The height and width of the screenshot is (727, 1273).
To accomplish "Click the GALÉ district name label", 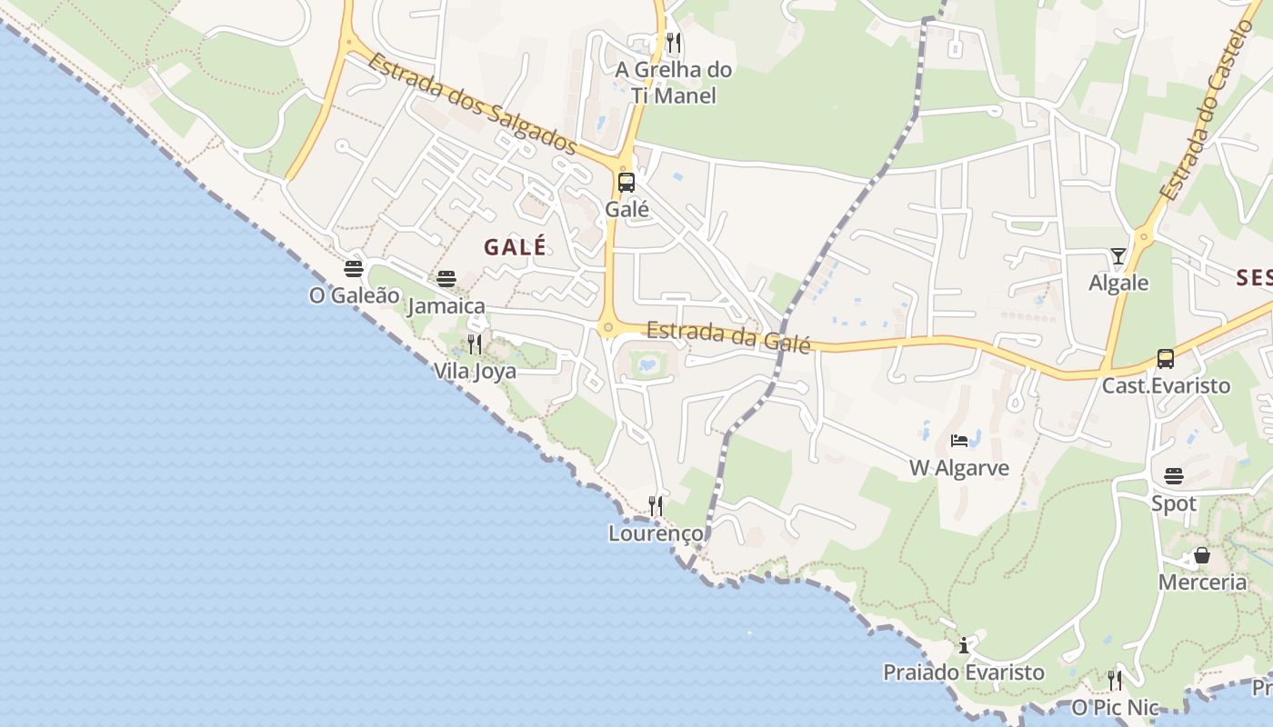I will tap(516, 247).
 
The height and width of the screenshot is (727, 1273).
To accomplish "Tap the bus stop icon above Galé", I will tap(626, 183).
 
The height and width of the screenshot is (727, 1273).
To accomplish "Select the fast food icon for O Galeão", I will tap(354, 269).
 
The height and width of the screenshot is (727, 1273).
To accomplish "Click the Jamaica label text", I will tap(446, 306).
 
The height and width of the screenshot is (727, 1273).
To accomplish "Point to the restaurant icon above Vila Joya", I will tap(475, 344).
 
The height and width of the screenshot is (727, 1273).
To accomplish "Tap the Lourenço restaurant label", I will tap(656, 533).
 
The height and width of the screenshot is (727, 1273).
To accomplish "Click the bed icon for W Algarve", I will tap(959, 441).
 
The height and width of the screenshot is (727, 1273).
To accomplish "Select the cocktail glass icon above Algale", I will tap(1118, 256).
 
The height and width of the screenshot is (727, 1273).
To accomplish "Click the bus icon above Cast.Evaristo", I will tap(1166, 358).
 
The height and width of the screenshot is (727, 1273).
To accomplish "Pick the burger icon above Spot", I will tap(1174, 475).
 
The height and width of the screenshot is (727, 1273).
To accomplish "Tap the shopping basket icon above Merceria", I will tap(1202, 554).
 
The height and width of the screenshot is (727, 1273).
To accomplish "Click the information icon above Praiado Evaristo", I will tap(964, 645).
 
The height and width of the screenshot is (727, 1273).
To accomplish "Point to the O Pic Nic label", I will tap(1116, 707).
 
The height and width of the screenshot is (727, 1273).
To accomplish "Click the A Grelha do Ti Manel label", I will tap(673, 83).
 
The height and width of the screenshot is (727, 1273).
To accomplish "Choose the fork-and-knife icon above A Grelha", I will tap(674, 43).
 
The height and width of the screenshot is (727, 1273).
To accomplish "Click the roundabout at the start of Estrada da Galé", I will tap(608, 327).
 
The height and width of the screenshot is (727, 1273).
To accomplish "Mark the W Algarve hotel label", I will tap(959, 468).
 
